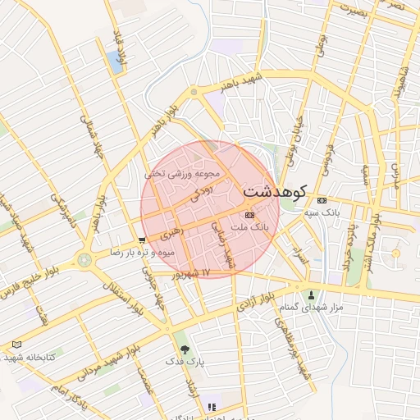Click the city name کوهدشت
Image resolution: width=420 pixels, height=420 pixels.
[x=274, y=191]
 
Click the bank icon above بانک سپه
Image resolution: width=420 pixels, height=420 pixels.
[x=321, y=200]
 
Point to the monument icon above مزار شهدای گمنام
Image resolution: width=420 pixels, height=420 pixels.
[x=311, y=295]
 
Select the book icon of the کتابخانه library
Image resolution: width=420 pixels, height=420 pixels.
[x=17, y=345]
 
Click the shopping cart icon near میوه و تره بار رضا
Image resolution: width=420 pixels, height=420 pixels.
[x=143, y=240]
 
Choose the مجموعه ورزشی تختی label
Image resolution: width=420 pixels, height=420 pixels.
[x=183, y=174]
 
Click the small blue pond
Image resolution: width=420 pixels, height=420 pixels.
[x=114, y=62]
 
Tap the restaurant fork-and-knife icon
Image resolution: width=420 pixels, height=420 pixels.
[x=212, y=406]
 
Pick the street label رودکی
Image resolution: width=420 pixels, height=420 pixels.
[x=201, y=191]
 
